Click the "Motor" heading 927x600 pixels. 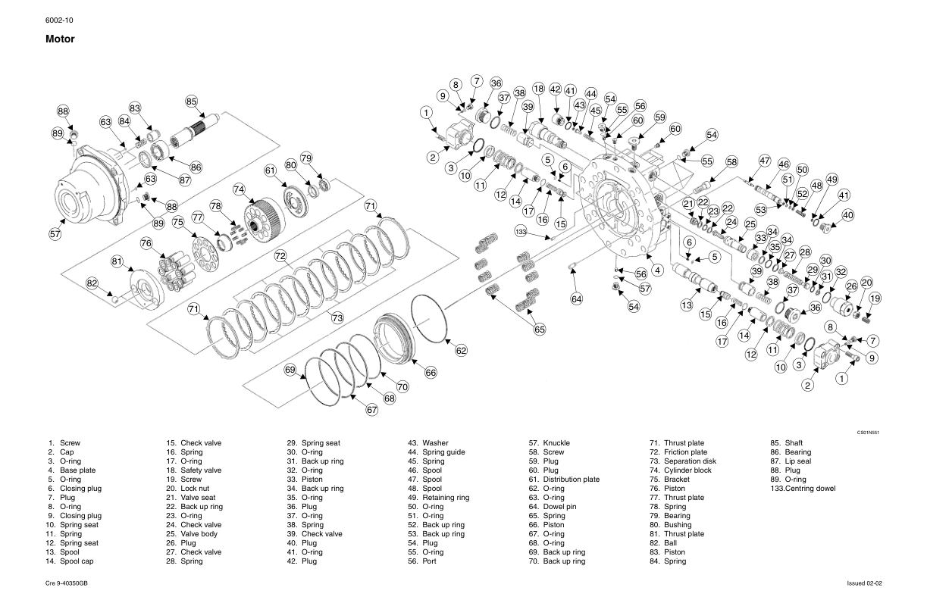pos(61,39)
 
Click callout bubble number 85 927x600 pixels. pos(191,102)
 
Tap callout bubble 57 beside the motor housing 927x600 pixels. pos(55,234)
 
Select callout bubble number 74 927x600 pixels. pos(240,189)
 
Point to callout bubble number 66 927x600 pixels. pos(431,372)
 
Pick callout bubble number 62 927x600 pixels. pos(462,350)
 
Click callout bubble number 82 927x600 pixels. pos(92,283)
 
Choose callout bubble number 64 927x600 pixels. pos(577,299)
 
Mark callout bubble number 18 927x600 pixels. pos(538,89)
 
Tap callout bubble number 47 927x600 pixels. pos(764,161)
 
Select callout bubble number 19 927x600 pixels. pos(875,298)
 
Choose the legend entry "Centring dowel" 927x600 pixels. pos(808,489)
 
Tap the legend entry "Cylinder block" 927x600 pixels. pos(687,470)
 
